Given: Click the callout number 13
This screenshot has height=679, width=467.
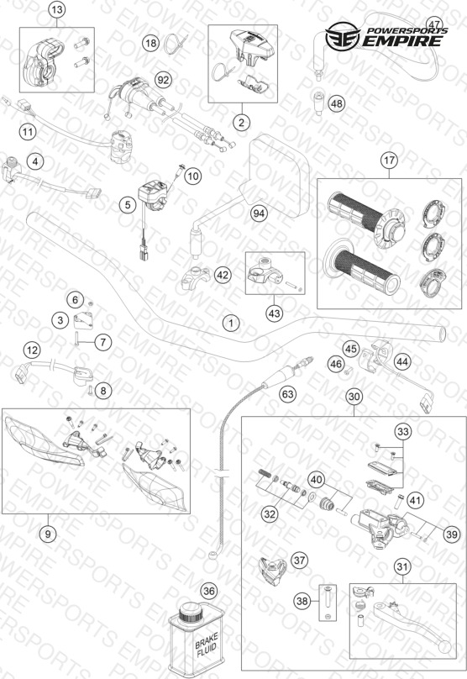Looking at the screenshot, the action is [x=57, y=9].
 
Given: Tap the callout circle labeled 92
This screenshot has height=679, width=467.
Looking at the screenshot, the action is [x=163, y=80].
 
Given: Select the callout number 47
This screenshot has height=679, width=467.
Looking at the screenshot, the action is [x=434, y=24].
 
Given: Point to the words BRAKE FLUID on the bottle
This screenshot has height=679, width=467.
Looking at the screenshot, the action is [x=207, y=645].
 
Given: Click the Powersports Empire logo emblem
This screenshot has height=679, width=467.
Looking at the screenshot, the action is [x=343, y=36].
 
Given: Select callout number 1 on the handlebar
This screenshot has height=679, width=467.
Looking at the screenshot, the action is [x=231, y=323].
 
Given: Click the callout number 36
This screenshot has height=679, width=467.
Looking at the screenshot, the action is [x=209, y=591].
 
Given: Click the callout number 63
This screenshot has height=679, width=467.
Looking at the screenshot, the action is [x=287, y=394].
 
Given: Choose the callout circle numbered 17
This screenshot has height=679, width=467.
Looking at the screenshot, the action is [x=389, y=161].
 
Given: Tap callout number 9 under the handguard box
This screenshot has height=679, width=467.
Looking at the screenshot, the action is [x=48, y=534].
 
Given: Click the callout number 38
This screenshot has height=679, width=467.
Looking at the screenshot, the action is [x=302, y=601].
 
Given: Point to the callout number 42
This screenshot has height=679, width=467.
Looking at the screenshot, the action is [x=223, y=275].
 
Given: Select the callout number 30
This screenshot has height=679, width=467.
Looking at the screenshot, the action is [x=354, y=397].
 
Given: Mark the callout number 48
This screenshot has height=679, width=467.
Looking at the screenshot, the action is [x=337, y=103].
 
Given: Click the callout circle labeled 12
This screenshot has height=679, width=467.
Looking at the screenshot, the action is [x=32, y=350].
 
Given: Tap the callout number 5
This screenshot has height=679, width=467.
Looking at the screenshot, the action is [x=128, y=204].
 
